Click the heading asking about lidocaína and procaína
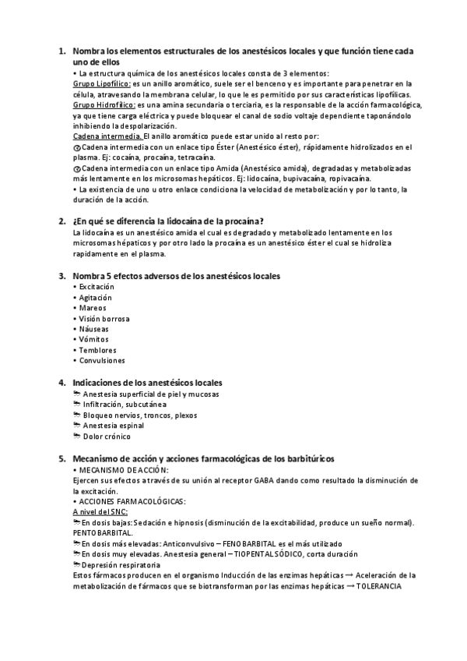coord(167,221)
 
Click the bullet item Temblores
coord(98,351)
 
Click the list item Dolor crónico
coord(110,437)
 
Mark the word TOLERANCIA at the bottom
coord(379,585)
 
